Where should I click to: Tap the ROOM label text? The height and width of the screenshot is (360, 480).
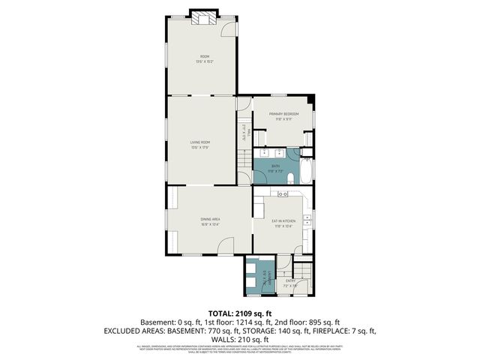coord(204,58)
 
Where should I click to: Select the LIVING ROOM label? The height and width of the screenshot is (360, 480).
coord(199,142)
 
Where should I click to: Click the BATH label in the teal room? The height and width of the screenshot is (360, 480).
coord(275,167)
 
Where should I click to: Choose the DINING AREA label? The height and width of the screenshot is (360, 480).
coord(209,220)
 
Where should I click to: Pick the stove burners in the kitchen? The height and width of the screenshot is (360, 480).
coord(283,194)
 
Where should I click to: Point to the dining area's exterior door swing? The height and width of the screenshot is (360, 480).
coord(224,247)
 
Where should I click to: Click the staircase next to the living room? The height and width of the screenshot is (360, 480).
coord(243,159)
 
